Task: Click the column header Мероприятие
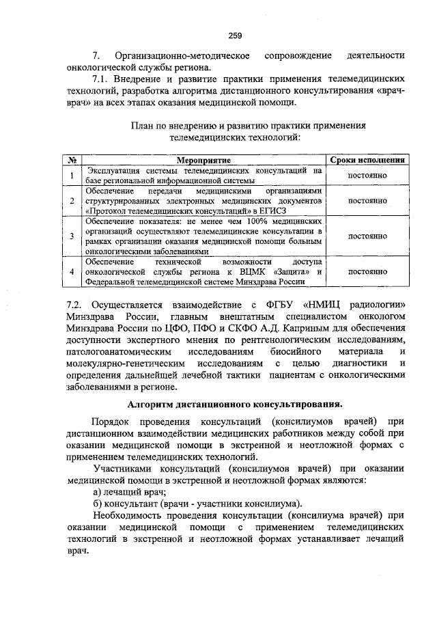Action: point(203,159)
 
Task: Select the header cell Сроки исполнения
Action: point(368,159)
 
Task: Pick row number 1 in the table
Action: point(72,175)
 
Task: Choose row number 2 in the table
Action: point(72,201)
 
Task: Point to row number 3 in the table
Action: point(72,236)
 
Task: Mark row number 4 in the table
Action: point(72,271)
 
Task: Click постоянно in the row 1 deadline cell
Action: point(368,175)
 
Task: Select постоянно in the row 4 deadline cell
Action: point(368,271)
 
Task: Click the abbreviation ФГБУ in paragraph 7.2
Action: point(273,303)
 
